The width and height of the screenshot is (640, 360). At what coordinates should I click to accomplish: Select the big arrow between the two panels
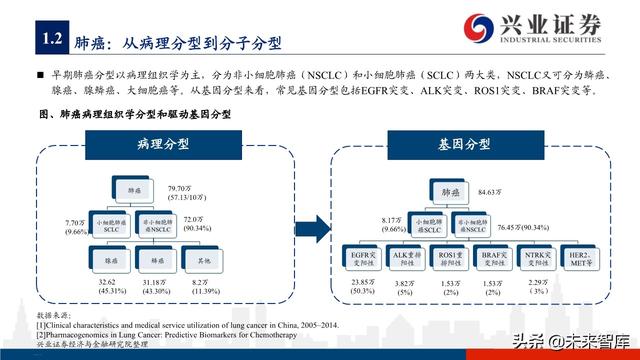coord(312,223)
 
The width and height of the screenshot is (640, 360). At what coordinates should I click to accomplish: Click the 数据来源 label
coord(51,315)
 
